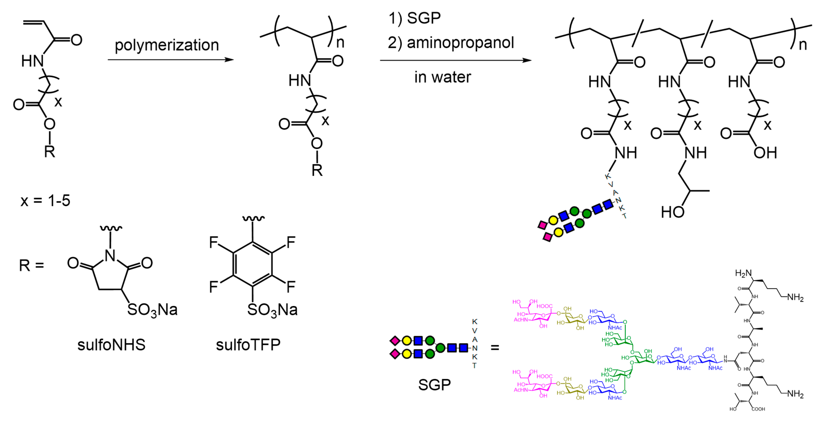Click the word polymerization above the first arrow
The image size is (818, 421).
[x=167, y=45]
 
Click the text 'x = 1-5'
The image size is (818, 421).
[x=45, y=201]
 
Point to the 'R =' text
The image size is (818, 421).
[x=31, y=265]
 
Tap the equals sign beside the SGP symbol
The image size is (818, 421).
[x=495, y=348]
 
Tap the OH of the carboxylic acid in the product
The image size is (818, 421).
[x=765, y=153]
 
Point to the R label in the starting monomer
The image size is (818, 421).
[x=50, y=152]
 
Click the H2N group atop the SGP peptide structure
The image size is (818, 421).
[x=743, y=273]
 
